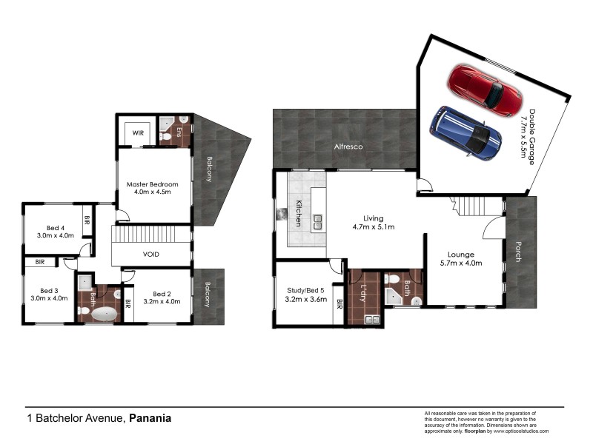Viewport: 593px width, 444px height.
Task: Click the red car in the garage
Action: click(x=486, y=90)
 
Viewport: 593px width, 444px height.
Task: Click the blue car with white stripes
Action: click(x=463, y=133)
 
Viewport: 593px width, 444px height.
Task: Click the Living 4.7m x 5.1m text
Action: click(x=373, y=223)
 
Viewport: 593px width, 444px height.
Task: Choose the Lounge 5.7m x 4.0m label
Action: click(x=460, y=258)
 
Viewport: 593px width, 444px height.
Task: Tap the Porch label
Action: click(x=518, y=252)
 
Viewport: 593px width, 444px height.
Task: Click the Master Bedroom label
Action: click(x=152, y=188)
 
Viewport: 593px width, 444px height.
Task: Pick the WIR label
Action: click(x=138, y=133)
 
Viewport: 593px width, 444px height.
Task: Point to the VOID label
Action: click(x=151, y=255)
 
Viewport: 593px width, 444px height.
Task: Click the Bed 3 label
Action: click(x=49, y=295)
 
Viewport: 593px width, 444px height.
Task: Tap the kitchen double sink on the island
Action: click(x=317, y=220)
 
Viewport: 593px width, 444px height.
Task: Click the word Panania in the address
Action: click(x=150, y=418)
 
